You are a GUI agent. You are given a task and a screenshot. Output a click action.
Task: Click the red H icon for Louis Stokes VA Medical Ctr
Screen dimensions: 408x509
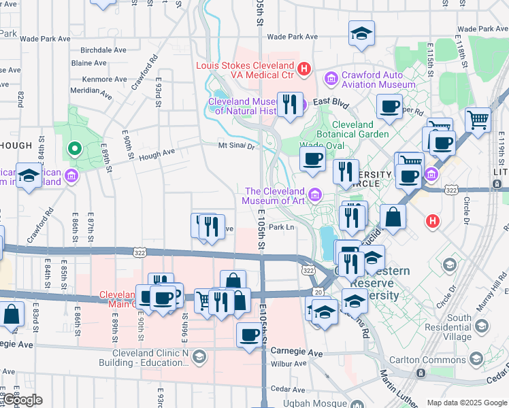[x=304, y=69]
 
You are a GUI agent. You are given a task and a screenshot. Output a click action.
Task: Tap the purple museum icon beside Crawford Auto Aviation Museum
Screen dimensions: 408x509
[x=331, y=80]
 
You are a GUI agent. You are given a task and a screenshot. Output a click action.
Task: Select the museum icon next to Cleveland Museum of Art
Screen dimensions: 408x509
[x=314, y=196]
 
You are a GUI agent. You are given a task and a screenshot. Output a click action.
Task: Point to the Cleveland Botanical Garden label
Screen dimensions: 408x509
[x=361, y=129]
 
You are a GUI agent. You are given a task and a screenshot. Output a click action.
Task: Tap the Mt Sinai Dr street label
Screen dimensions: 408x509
[x=236, y=146]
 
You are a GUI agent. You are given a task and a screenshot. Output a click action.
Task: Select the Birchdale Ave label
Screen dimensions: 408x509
[x=103, y=50]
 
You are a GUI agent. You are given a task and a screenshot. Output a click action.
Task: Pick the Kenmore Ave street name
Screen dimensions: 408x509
[x=104, y=79]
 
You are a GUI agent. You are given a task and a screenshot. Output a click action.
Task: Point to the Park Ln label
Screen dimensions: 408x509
[x=280, y=227]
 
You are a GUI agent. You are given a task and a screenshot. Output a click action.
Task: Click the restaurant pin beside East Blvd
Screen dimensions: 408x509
[x=290, y=104]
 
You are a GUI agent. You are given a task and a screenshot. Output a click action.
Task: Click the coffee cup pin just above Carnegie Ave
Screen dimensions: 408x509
[x=250, y=335]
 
